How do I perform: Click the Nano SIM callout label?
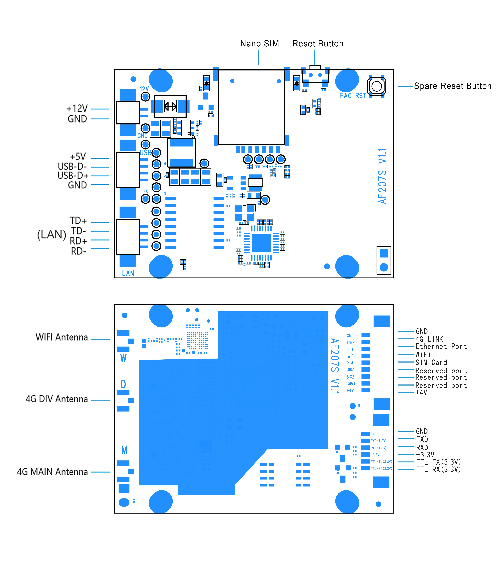coord(259,44)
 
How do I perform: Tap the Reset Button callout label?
coord(318,44)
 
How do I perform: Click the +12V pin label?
coord(77,108)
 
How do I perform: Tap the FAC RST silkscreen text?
coord(353,96)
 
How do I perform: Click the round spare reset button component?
coord(377,86)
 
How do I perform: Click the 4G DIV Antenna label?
coord(56,399)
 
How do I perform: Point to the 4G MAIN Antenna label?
coord(52,472)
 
